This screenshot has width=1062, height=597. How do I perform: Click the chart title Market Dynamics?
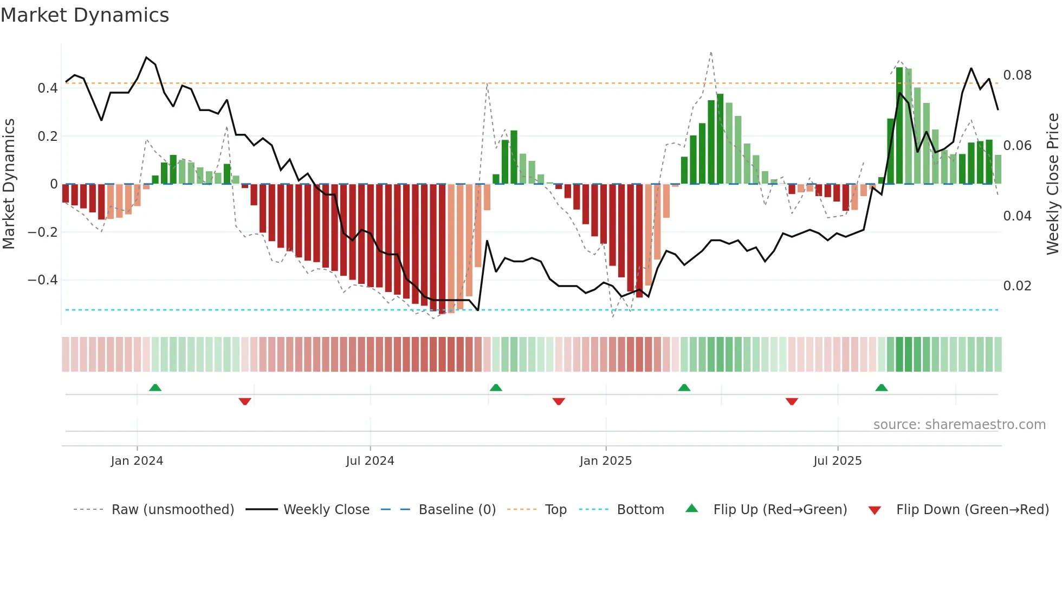tap(85, 15)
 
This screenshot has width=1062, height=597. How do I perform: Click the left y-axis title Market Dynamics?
tap(9, 184)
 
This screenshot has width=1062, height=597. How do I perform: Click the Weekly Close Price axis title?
tap(1052, 184)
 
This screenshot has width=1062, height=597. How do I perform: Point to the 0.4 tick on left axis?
tap(47, 88)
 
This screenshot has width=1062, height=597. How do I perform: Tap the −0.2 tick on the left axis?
tap(42, 232)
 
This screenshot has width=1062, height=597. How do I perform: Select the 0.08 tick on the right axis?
tap(1017, 75)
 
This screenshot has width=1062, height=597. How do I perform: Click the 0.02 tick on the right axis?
tap(1017, 286)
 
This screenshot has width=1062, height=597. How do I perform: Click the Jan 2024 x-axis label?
tap(137, 461)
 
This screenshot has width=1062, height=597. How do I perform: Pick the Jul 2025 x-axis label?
tap(837, 461)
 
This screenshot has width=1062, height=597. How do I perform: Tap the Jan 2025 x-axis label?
tap(605, 461)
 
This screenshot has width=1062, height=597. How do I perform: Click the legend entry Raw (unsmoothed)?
tap(172, 510)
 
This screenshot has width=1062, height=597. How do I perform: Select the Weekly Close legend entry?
tap(326, 510)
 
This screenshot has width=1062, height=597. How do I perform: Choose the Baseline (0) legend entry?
tap(457, 510)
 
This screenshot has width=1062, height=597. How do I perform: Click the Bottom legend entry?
tap(640, 510)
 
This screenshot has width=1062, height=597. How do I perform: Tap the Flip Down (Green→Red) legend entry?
tap(972, 510)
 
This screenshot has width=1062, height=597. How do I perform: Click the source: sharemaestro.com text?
tap(959, 425)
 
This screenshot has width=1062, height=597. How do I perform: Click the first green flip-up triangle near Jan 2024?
tap(155, 387)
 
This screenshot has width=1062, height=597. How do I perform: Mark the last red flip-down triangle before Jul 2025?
tap(792, 401)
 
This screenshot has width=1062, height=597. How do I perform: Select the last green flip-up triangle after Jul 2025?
tap(882, 387)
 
